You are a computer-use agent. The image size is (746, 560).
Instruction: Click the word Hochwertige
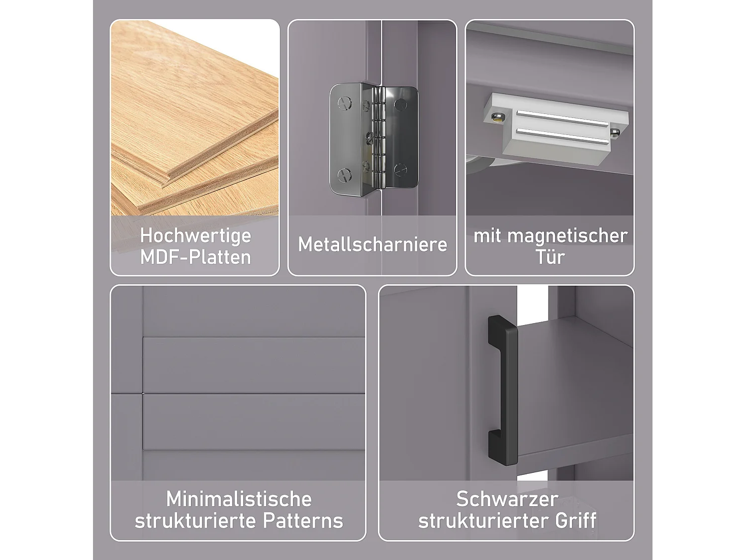[x=195, y=235]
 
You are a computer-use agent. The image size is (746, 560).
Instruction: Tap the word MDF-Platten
[x=195, y=257]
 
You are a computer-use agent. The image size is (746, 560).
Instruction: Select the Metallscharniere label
[x=373, y=244]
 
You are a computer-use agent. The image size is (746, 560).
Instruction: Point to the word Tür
[x=550, y=257]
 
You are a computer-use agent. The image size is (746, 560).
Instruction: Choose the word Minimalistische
[x=239, y=499]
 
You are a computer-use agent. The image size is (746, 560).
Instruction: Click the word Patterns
[x=303, y=521]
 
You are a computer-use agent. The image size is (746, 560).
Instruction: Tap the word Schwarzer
[x=507, y=499]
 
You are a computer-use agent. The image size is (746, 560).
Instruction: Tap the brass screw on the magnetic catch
[x=496, y=118]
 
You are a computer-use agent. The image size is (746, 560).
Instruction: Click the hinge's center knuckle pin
[x=380, y=137]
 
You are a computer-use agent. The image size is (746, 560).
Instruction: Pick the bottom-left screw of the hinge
[x=344, y=174]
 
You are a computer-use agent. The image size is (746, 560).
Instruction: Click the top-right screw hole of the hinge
[x=399, y=104]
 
